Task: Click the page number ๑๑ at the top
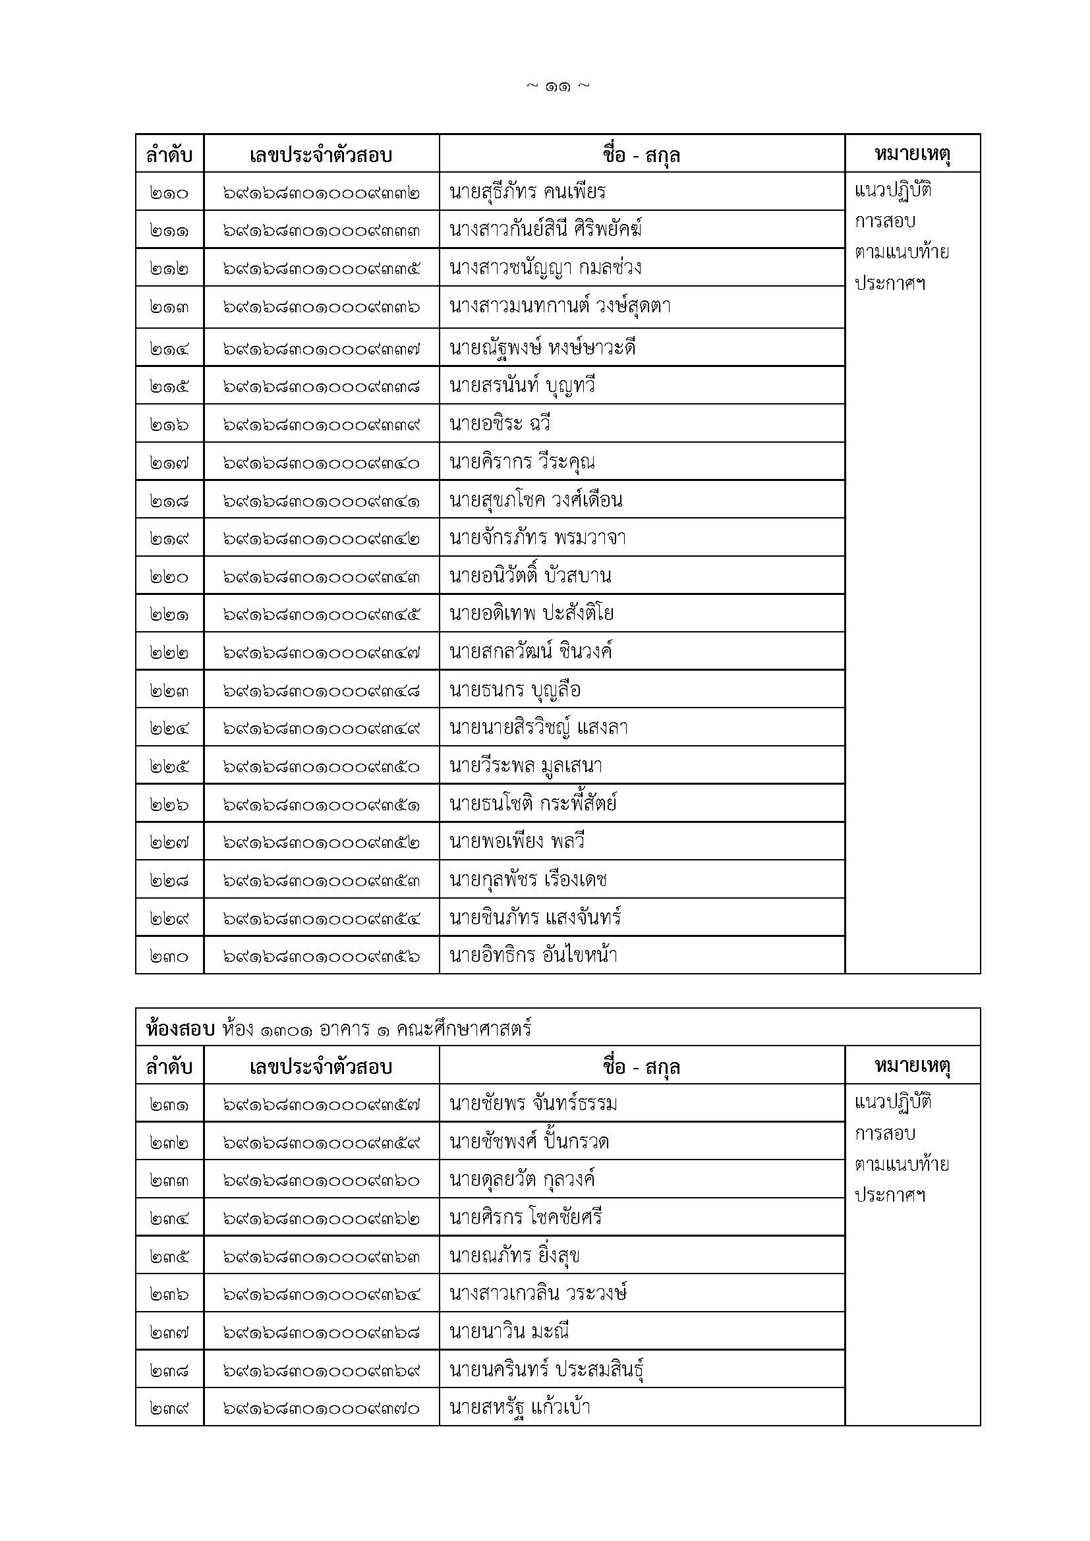(x=558, y=86)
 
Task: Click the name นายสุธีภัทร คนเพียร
(x=528, y=192)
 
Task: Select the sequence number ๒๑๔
(x=169, y=349)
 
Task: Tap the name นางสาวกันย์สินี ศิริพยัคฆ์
(x=546, y=229)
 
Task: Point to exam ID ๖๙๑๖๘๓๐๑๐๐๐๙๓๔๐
(x=322, y=462)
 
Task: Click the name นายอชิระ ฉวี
(x=500, y=424)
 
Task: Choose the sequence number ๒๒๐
(x=169, y=576)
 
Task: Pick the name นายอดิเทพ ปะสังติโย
(x=532, y=613)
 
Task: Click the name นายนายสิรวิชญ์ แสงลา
(x=538, y=727)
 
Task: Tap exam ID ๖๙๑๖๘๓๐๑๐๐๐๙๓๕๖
(x=322, y=957)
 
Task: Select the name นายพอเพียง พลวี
(x=517, y=841)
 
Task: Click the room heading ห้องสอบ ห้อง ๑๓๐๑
(x=338, y=1029)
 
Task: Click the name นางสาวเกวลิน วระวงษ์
(x=538, y=1293)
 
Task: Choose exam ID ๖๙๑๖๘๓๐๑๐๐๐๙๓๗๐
(x=322, y=1408)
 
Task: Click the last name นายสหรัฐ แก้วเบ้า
(x=520, y=1407)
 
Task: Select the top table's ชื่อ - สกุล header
(x=642, y=155)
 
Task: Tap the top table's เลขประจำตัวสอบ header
(x=322, y=155)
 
